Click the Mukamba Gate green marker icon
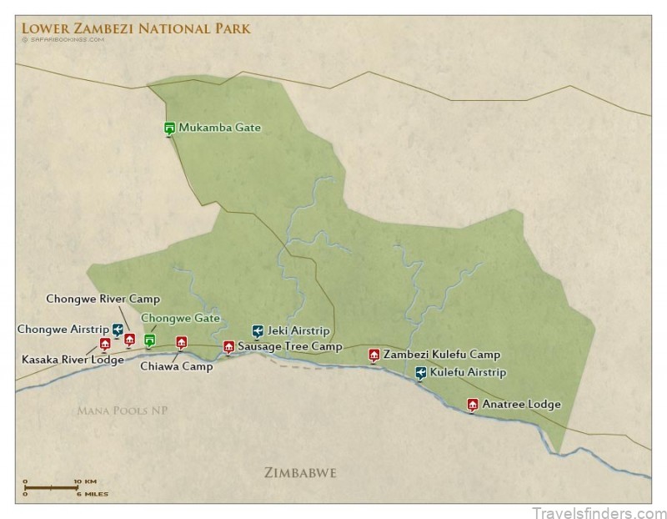(x=169, y=128)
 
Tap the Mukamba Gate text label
(x=219, y=128)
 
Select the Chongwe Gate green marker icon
(x=150, y=340)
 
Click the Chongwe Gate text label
(x=180, y=318)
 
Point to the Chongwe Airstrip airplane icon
(x=118, y=330)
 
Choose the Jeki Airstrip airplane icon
(x=258, y=330)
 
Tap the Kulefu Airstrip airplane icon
(x=421, y=372)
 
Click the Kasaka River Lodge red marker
(x=105, y=343)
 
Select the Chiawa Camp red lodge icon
(x=182, y=341)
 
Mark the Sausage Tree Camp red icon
(x=228, y=346)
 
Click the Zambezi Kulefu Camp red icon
(x=374, y=355)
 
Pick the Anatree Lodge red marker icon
(x=473, y=405)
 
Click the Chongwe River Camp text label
(x=103, y=299)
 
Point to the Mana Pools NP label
(x=122, y=411)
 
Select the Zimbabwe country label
(x=300, y=473)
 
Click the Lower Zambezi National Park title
(x=136, y=28)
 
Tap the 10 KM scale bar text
(x=84, y=481)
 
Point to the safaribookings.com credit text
(x=63, y=39)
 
